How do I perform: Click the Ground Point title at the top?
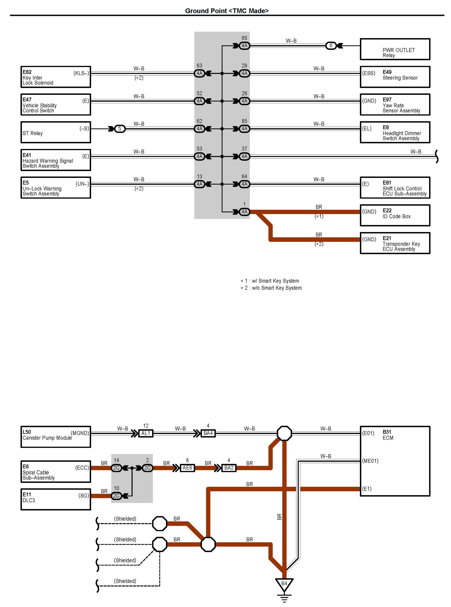pyautogui.click(x=227, y=11)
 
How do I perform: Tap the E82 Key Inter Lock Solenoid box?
pyautogui.click(x=56, y=77)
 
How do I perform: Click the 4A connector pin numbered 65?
pyautogui.click(x=244, y=46)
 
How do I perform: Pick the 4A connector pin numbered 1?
pyautogui.click(x=244, y=212)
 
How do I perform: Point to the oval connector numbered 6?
pyautogui.click(x=331, y=46)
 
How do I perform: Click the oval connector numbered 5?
pyautogui.click(x=120, y=129)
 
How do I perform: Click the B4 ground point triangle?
pyautogui.click(x=284, y=584)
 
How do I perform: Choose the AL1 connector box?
pyautogui.click(x=146, y=433)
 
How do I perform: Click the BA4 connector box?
pyautogui.click(x=208, y=433)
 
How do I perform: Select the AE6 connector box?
pyautogui.click(x=187, y=468)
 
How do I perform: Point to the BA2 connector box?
pyautogui.click(x=229, y=468)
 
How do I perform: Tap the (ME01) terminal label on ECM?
pyautogui.click(x=370, y=461)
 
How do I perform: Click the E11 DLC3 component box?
pyautogui.click(x=56, y=499)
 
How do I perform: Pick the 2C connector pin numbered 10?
pyautogui.click(x=117, y=496)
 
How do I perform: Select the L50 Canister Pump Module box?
pyautogui.click(x=56, y=437)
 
